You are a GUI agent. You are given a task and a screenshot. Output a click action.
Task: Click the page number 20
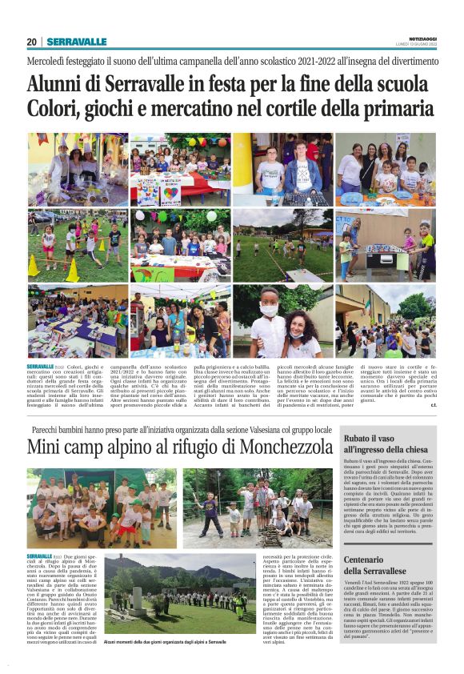32,42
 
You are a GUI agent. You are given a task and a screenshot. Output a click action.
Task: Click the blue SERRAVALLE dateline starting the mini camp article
40,555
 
